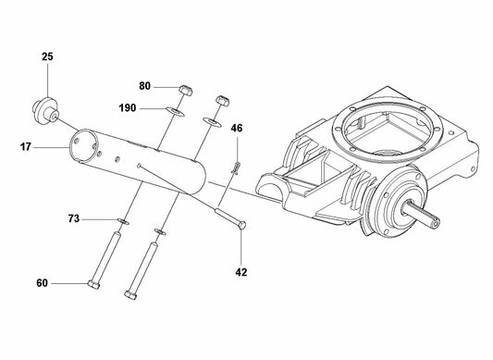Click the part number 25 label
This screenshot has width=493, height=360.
(x=48, y=57)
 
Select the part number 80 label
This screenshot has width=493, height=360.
(x=145, y=86)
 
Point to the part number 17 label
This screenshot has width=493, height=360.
(x=25, y=144)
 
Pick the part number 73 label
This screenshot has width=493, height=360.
(x=74, y=218)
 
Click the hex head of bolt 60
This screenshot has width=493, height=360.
(x=94, y=282)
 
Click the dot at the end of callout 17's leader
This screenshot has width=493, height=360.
(x=68, y=144)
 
